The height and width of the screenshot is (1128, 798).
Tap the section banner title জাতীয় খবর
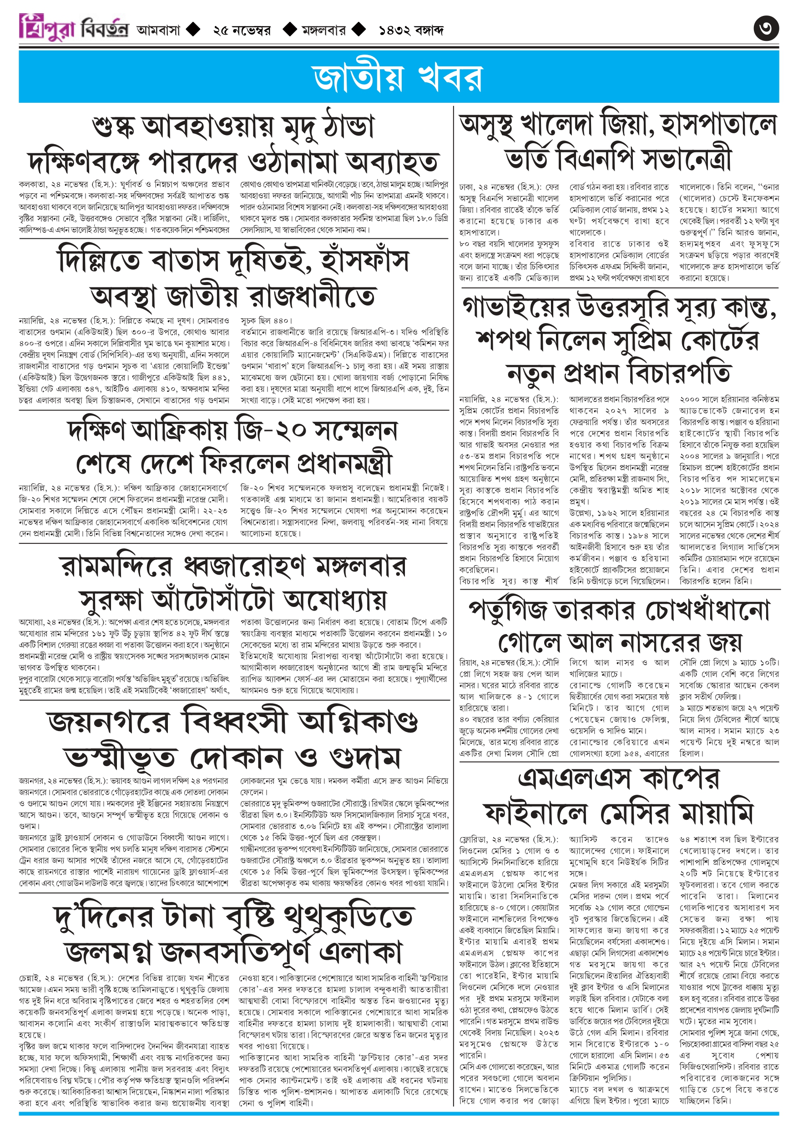coord(398,78)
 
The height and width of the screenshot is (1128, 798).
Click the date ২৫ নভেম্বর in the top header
coord(242,30)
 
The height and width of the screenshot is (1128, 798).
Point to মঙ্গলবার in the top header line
coord(324,30)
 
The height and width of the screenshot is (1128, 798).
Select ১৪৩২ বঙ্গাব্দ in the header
coord(411,30)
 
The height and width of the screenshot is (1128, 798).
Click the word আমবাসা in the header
coord(158,30)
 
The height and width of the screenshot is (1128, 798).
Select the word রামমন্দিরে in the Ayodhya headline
coord(116,567)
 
